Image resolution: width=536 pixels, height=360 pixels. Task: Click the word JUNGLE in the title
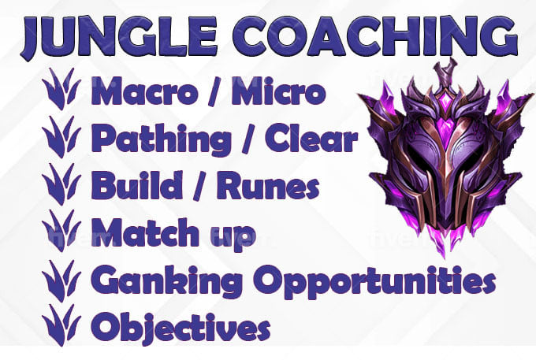119,38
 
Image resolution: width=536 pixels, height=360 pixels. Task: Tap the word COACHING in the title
375,36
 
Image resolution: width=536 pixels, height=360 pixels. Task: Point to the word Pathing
161,140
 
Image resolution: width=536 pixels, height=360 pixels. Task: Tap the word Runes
268,186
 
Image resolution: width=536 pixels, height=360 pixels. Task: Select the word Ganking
166,283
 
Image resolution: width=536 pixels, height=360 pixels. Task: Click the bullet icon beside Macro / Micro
61,89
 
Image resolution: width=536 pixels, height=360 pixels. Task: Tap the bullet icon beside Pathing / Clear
61,136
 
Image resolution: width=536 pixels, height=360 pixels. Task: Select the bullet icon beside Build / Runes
61,184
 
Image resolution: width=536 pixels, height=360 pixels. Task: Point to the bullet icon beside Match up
61,231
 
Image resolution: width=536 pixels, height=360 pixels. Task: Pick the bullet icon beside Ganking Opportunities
61,280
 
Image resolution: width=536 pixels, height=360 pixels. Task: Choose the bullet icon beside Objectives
61,325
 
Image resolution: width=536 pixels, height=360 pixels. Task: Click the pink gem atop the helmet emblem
446,102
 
